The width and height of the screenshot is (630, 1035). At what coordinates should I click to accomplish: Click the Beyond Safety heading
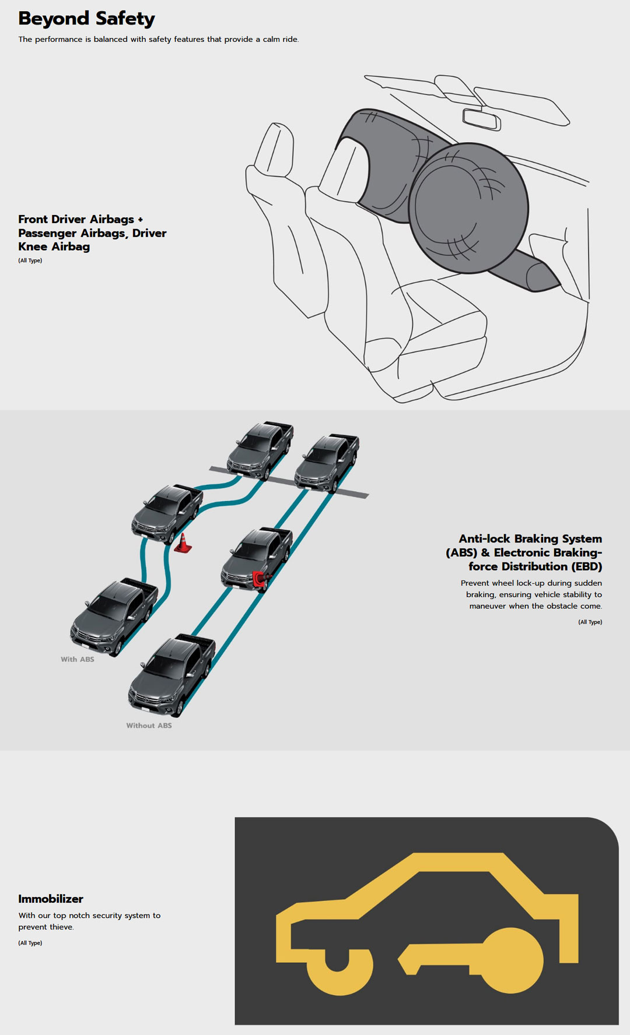(86, 19)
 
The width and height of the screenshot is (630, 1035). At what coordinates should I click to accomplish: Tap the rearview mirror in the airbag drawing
(481, 118)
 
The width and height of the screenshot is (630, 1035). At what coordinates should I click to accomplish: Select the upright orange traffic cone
(183, 543)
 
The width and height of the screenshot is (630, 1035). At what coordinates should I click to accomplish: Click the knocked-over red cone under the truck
(260, 578)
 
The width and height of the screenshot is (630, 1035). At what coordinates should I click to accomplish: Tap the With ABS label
(78, 659)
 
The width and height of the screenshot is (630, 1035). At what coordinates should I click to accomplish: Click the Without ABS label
(149, 726)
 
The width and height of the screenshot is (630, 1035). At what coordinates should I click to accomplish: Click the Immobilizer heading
(51, 899)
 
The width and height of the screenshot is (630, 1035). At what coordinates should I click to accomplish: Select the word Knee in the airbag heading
(33, 247)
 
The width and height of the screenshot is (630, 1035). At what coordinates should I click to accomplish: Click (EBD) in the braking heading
(586, 566)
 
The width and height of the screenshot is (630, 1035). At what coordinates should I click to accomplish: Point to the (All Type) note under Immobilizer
(30, 943)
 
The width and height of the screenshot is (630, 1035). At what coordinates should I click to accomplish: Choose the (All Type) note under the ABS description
(590, 622)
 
